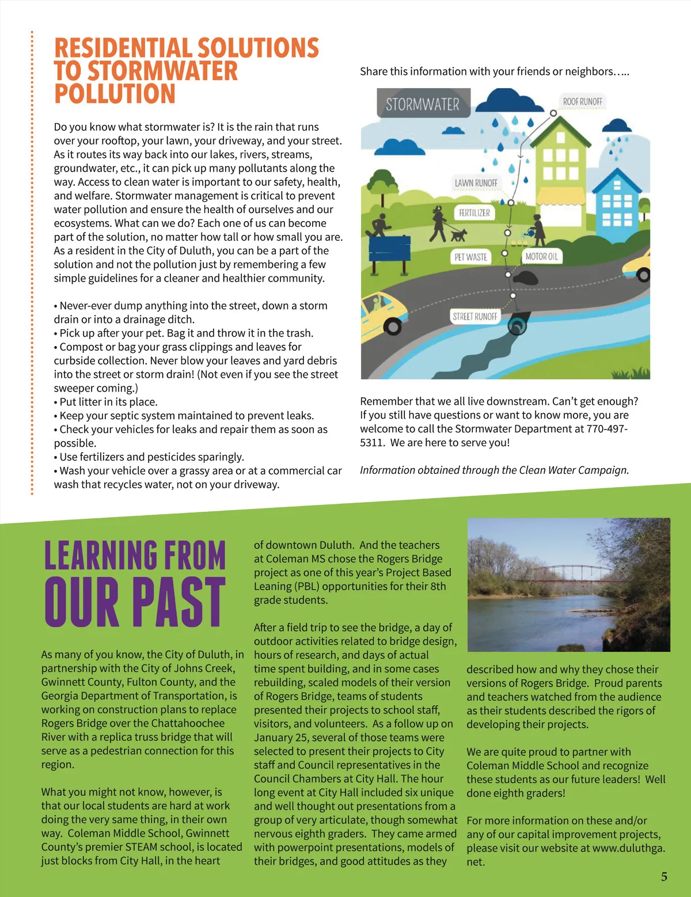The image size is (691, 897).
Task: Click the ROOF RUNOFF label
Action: point(582,102)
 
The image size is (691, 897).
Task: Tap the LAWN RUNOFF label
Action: point(476,183)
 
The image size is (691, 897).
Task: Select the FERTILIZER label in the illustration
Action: point(474,213)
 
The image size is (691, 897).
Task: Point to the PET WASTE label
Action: point(470,257)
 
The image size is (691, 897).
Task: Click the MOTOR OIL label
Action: point(541,257)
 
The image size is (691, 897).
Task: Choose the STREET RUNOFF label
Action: point(474,317)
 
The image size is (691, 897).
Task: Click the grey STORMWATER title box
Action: point(423,104)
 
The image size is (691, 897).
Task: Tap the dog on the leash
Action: point(458,234)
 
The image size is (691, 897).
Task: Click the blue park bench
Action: point(389,250)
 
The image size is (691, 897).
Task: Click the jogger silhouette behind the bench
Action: point(379,224)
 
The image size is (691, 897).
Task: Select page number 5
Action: point(664,876)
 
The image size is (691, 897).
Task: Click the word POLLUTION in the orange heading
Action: point(115,94)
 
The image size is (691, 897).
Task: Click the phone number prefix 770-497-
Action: point(607,429)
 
